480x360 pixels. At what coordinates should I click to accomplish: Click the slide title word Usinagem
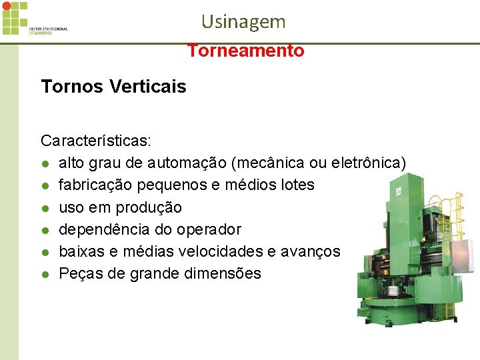click(x=243, y=22)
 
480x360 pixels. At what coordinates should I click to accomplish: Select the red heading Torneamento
click(x=245, y=51)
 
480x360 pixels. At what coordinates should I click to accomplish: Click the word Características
click(x=96, y=141)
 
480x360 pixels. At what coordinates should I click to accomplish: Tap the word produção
click(x=149, y=207)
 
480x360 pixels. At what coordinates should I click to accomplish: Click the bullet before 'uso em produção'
click(x=45, y=208)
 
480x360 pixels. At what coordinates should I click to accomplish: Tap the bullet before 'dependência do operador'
click(x=45, y=230)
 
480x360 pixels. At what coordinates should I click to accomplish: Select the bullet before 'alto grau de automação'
click(x=45, y=163)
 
